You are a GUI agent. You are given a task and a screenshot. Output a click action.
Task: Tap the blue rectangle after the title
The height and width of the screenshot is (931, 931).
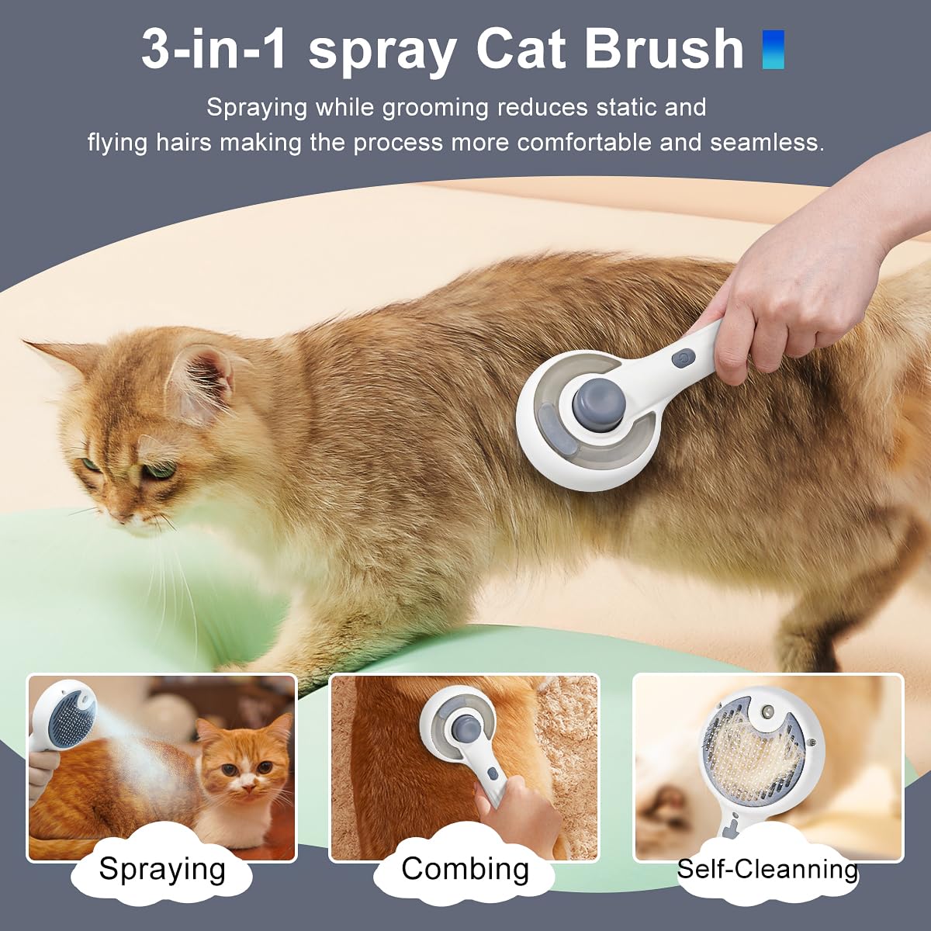point(773,50)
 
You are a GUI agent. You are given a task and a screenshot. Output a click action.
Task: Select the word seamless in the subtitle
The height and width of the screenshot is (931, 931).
point(764,142)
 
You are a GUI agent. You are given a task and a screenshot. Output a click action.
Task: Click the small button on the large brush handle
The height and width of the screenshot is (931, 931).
point(683,359)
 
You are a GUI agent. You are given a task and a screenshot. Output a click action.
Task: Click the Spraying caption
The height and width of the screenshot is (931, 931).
point(162,869)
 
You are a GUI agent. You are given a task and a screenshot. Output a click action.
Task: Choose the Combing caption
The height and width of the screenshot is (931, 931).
point(465,869)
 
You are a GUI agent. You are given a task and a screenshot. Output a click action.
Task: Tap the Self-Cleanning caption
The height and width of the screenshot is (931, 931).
point(767,869)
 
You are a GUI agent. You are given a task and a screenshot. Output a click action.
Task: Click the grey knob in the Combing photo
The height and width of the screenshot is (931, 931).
point(464,729)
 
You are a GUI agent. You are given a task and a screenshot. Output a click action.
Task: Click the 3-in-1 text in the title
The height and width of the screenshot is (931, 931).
point(214,50)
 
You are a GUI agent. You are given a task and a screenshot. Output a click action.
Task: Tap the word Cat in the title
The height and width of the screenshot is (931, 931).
point(523,50)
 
